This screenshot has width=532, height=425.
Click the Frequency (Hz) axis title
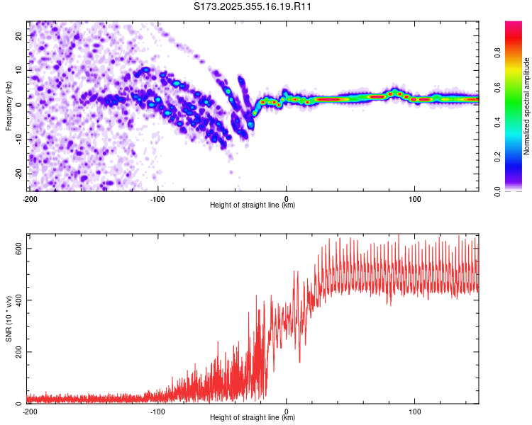8,106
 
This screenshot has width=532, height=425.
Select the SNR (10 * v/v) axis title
8,319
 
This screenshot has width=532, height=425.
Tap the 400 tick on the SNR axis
18,300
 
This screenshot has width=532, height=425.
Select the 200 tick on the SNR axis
18,352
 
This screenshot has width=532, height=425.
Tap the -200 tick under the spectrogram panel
30,199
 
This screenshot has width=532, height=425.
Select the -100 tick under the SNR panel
157,411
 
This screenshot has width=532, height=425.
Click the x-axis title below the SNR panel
253,418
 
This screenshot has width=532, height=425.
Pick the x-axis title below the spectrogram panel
253,205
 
